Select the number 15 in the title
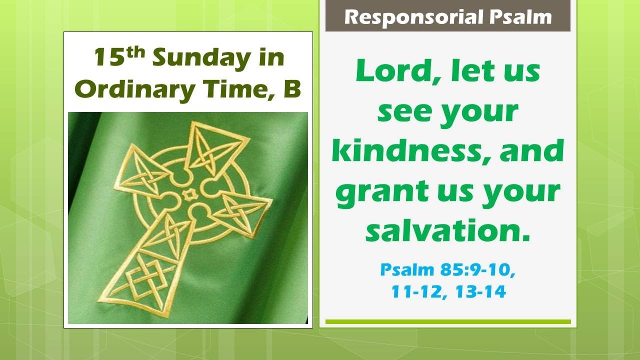109,58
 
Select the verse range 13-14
480,291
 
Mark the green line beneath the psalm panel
447,321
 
